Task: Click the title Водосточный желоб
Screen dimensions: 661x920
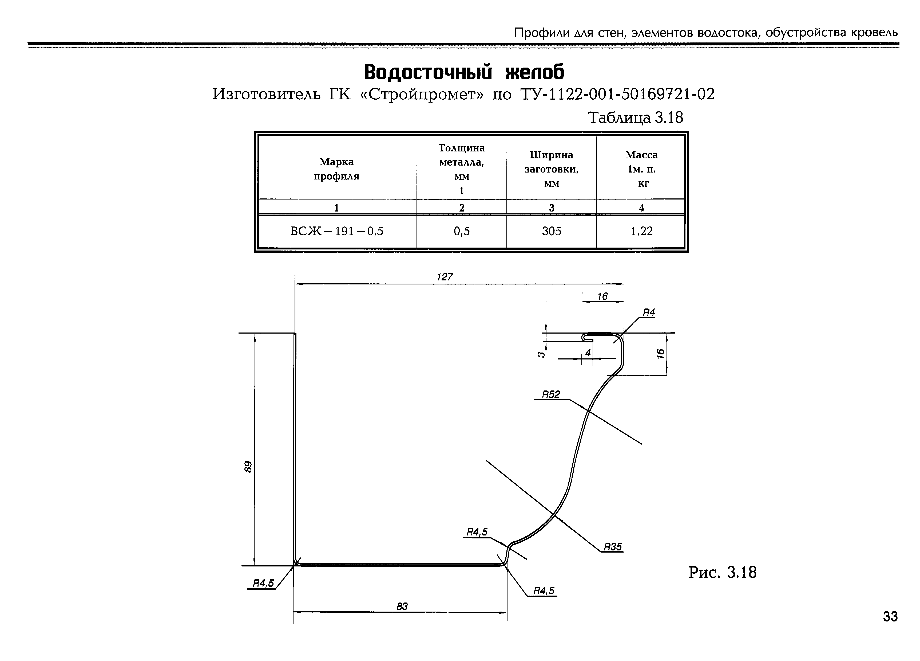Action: (x=464, y=73)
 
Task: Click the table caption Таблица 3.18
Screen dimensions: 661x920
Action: (x=635, y=118)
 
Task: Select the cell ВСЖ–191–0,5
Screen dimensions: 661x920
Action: (x=337, y=232)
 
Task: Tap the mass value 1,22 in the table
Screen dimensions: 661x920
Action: (x=641, y=232)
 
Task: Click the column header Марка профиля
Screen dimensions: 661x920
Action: (x=337, y=169)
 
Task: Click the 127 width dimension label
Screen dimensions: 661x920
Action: (x=444, y=277)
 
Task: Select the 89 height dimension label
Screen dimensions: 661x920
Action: (x=248, y=467)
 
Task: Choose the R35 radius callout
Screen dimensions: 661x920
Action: (x=613, y=547)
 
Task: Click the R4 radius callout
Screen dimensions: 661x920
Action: (x=649, y=312)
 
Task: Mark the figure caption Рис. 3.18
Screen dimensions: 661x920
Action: (x=722, y=573)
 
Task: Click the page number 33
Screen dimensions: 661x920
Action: (x=890, y=617)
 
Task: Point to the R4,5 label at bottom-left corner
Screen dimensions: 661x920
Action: (x=263, y=584)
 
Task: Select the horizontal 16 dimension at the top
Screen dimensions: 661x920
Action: (x=602, y=296)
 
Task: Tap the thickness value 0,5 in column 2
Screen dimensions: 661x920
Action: (x=462, y=232)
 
